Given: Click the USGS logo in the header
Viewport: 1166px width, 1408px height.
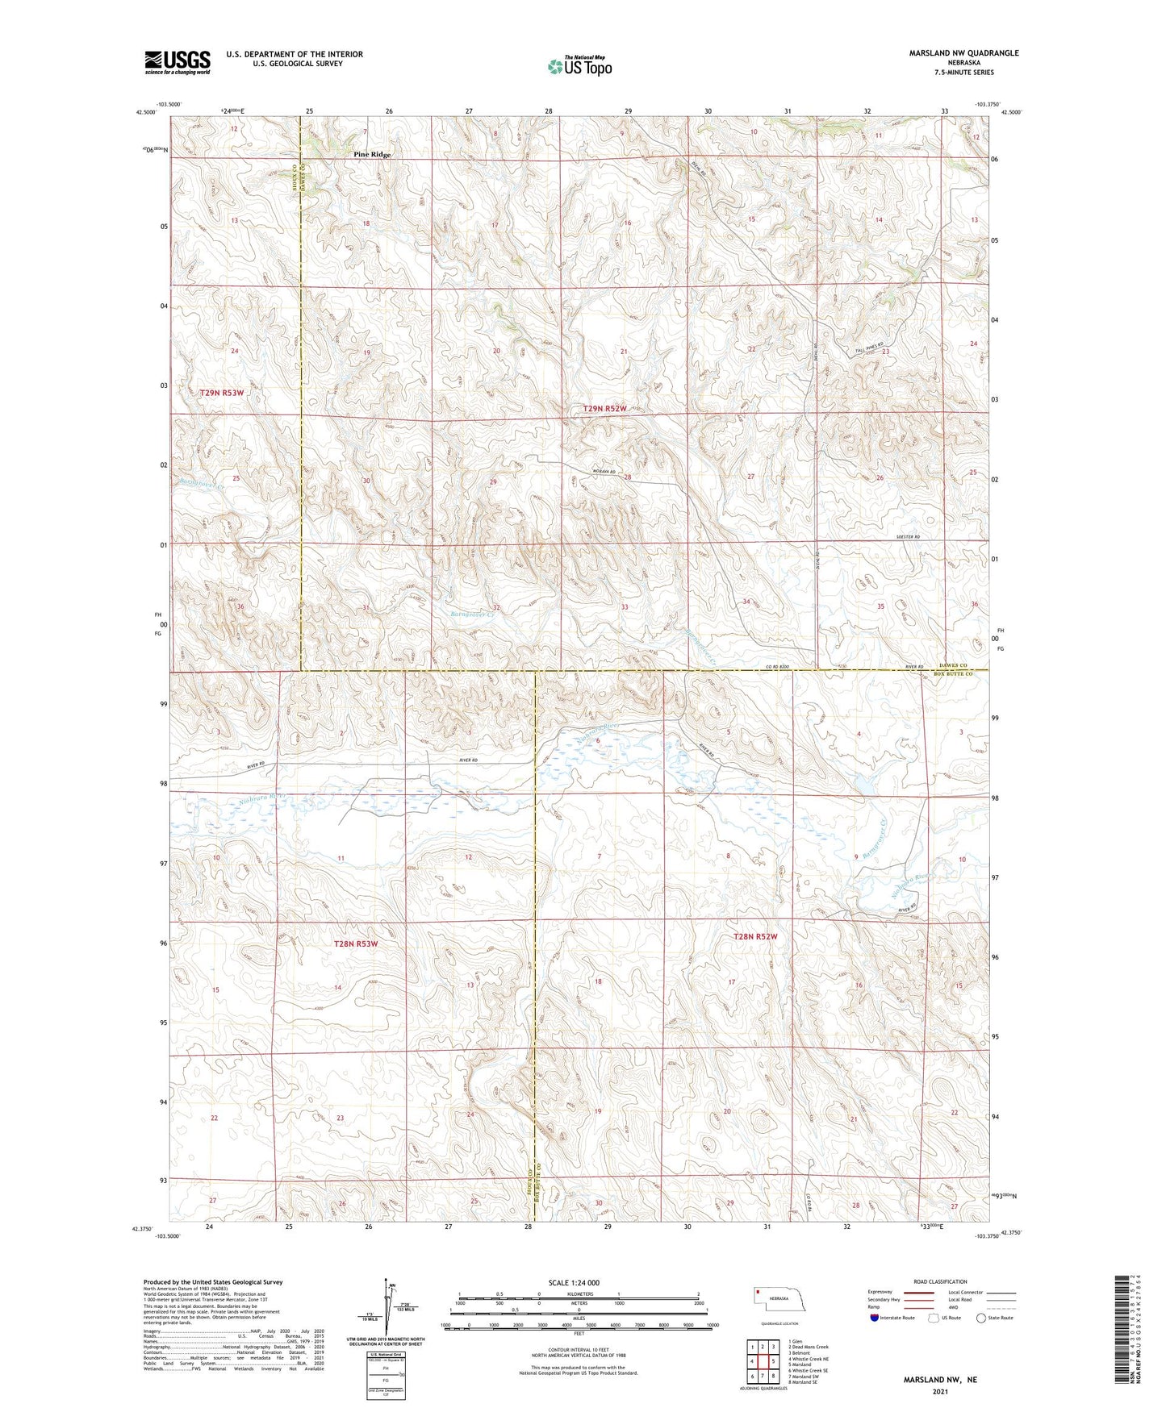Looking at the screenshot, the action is [178, 62].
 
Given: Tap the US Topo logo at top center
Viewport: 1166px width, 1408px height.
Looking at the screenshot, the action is [579, 66].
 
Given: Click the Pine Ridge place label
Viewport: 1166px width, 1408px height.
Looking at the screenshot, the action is [372, 154].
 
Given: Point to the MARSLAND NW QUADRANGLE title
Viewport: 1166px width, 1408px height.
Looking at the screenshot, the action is [963, 53].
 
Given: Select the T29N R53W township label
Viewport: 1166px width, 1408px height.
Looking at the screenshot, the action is [222, 393].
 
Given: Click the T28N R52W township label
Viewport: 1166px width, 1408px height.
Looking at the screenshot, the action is [754, 936].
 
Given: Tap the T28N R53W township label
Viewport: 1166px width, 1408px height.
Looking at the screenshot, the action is [356, 943].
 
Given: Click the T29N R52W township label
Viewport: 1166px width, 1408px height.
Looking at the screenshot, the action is [604, 409].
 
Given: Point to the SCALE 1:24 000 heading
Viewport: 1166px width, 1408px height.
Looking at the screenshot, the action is [574, 1282].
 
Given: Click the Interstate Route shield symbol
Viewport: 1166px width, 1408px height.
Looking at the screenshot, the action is [875, 1317].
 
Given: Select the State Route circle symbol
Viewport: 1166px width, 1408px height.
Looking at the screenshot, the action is [981, 1317].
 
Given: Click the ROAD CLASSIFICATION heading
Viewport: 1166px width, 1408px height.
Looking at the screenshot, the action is [940, 1281].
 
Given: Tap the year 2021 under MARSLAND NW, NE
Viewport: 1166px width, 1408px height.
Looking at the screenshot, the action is [940, 1392].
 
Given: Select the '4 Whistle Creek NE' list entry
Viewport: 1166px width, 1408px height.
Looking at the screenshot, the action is [809, 1359].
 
